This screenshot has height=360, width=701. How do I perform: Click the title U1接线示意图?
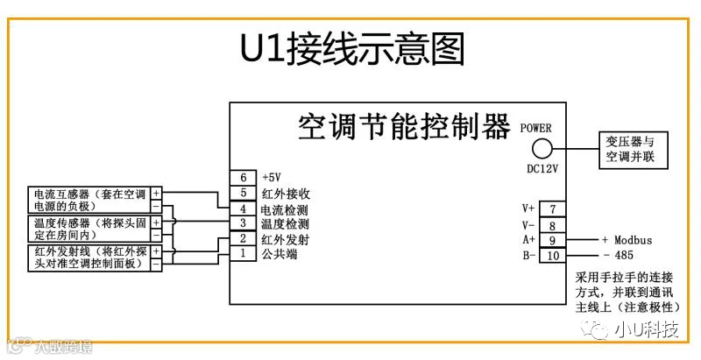click(351, 50)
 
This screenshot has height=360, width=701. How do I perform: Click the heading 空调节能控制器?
click(403, 128)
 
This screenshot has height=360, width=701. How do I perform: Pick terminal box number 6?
click(243, 177)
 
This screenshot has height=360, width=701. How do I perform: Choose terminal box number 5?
click(243, 193)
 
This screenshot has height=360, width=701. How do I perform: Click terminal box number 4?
click(243, 208)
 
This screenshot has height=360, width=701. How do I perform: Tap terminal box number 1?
click(243, 254)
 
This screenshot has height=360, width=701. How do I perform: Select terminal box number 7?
click(553, 208)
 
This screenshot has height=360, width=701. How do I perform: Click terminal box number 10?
click(553, 255)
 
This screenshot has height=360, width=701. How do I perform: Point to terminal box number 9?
click(553, 239)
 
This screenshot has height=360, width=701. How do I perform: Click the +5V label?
click(271, 177)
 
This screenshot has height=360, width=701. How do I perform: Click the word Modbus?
click(632, 239)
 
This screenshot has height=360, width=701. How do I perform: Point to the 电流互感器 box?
click(89, 200)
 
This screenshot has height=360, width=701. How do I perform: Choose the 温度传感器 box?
click(89, 229)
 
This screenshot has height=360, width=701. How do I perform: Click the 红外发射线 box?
click(89, 258)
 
